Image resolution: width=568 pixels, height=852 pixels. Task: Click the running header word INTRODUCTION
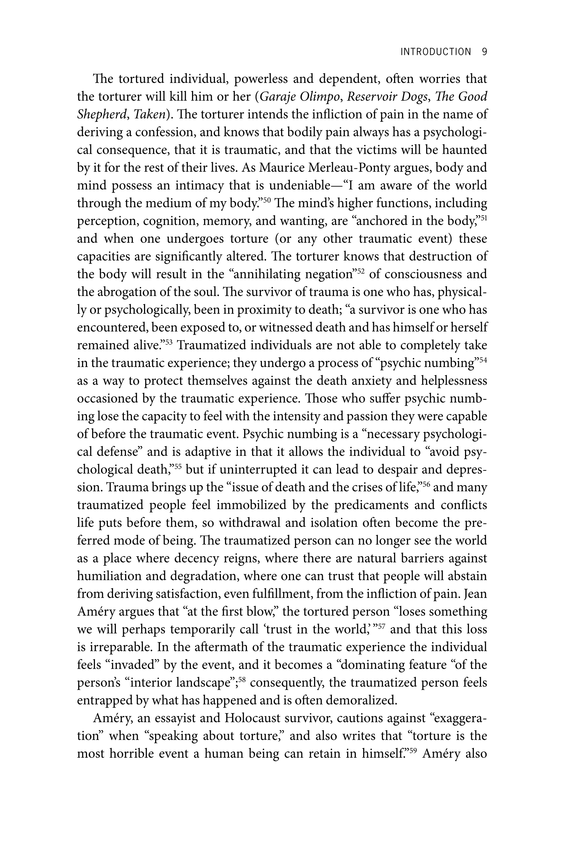(435, 52)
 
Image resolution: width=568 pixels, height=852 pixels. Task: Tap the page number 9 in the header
(484, 52)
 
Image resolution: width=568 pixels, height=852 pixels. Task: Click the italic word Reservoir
(373, 97)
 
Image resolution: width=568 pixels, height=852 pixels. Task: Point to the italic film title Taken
(149, 114)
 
